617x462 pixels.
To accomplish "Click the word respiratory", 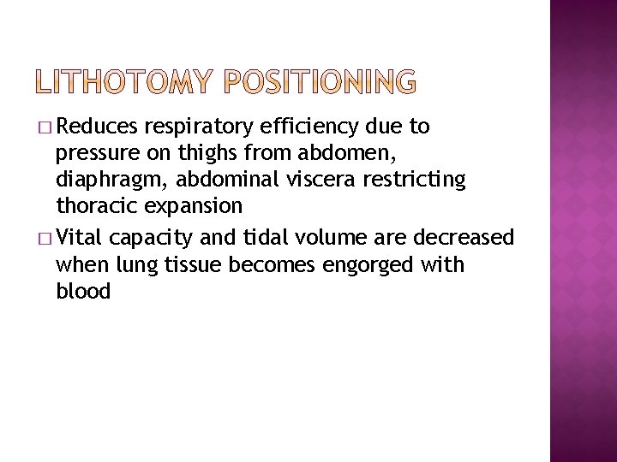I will (199, 128).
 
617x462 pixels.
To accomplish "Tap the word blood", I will (83, 292).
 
